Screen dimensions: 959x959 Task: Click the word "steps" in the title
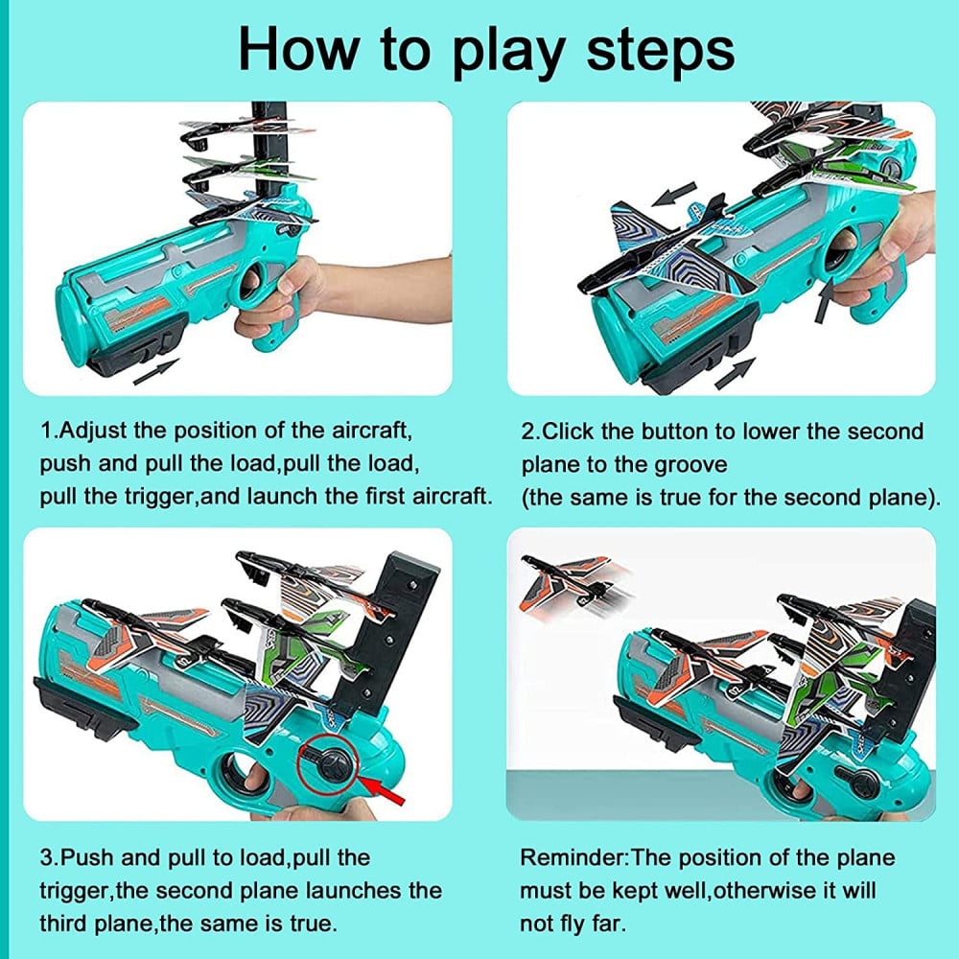tap(660, 52)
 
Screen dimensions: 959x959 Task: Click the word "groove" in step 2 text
tap(690, 465)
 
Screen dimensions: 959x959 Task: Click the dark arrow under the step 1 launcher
tap(156, 371)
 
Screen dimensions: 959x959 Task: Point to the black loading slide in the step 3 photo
tap(85, 706)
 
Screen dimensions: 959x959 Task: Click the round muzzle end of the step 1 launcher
tap(72, 323)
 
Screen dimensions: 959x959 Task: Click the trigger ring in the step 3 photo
tap(240, 775)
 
